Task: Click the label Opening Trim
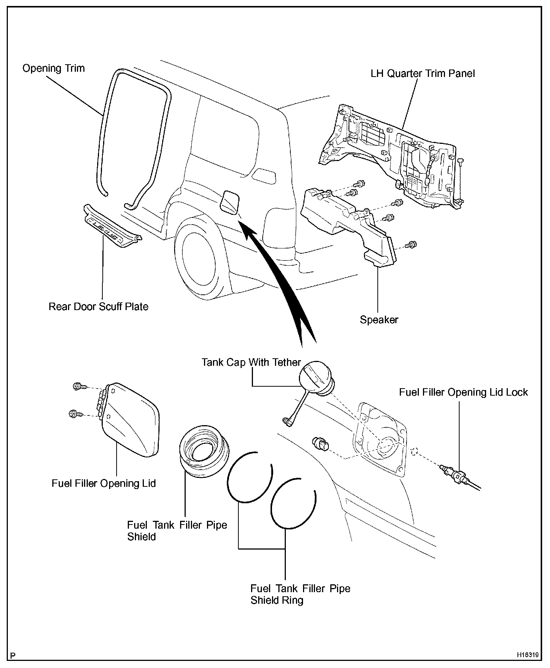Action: (53, 68)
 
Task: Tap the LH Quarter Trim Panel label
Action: (423, 73)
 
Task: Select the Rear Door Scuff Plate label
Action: (98, 307)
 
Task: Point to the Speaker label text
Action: (379, 320)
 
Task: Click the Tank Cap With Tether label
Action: (251, 362)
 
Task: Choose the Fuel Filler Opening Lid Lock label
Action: (463, 392)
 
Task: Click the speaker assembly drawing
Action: (347, 224)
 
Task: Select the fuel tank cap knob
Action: (316, 378)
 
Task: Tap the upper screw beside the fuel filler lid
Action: (78, 386)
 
